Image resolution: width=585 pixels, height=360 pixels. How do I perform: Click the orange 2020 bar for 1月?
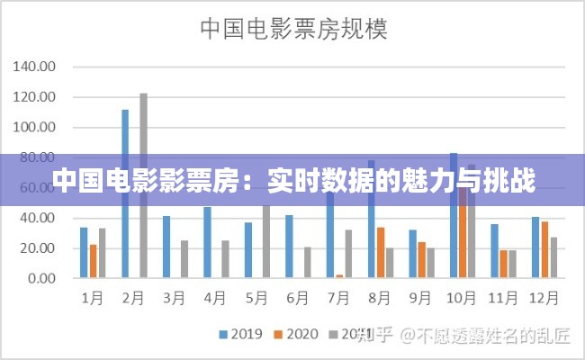tap(93, 261)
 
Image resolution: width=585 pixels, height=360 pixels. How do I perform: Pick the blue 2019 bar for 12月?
tap(535, 247)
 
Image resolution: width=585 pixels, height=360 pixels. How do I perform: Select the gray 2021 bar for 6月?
tap(307, 262)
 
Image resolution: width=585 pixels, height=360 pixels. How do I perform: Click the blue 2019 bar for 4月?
tap(207, 243)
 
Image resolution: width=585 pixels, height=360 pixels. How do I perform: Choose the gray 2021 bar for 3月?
tap(184, 259)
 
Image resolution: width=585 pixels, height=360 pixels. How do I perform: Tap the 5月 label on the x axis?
tap(256, 296)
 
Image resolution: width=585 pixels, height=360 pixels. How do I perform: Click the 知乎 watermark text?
tap(374, 336)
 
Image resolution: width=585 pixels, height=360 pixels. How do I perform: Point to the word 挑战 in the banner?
tap(512, 182)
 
